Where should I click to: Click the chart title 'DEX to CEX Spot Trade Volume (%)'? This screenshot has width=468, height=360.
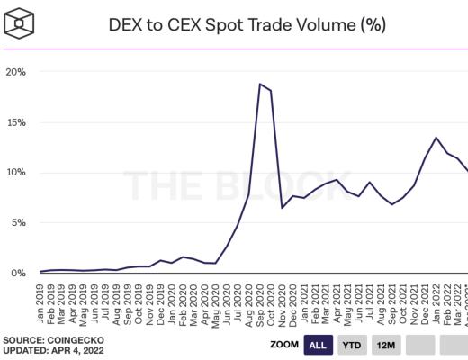(247, 23)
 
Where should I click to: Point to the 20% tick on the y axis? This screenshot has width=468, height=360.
(15, 71)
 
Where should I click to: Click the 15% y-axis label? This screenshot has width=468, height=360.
(15, 121)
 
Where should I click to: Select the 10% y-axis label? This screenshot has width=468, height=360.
(15, 172)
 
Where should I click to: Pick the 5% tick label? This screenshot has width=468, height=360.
(18, 222)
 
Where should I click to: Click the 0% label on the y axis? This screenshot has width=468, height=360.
(18, 273)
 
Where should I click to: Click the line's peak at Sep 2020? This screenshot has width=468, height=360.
(260, 84)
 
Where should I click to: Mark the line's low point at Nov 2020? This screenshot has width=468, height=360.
(283, 208)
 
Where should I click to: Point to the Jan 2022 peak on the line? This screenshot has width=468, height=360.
(436, 138)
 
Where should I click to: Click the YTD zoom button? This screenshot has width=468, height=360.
(354, 344)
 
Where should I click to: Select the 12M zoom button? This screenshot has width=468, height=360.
(387, 344)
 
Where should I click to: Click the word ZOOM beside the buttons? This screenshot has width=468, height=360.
(283, 344)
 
